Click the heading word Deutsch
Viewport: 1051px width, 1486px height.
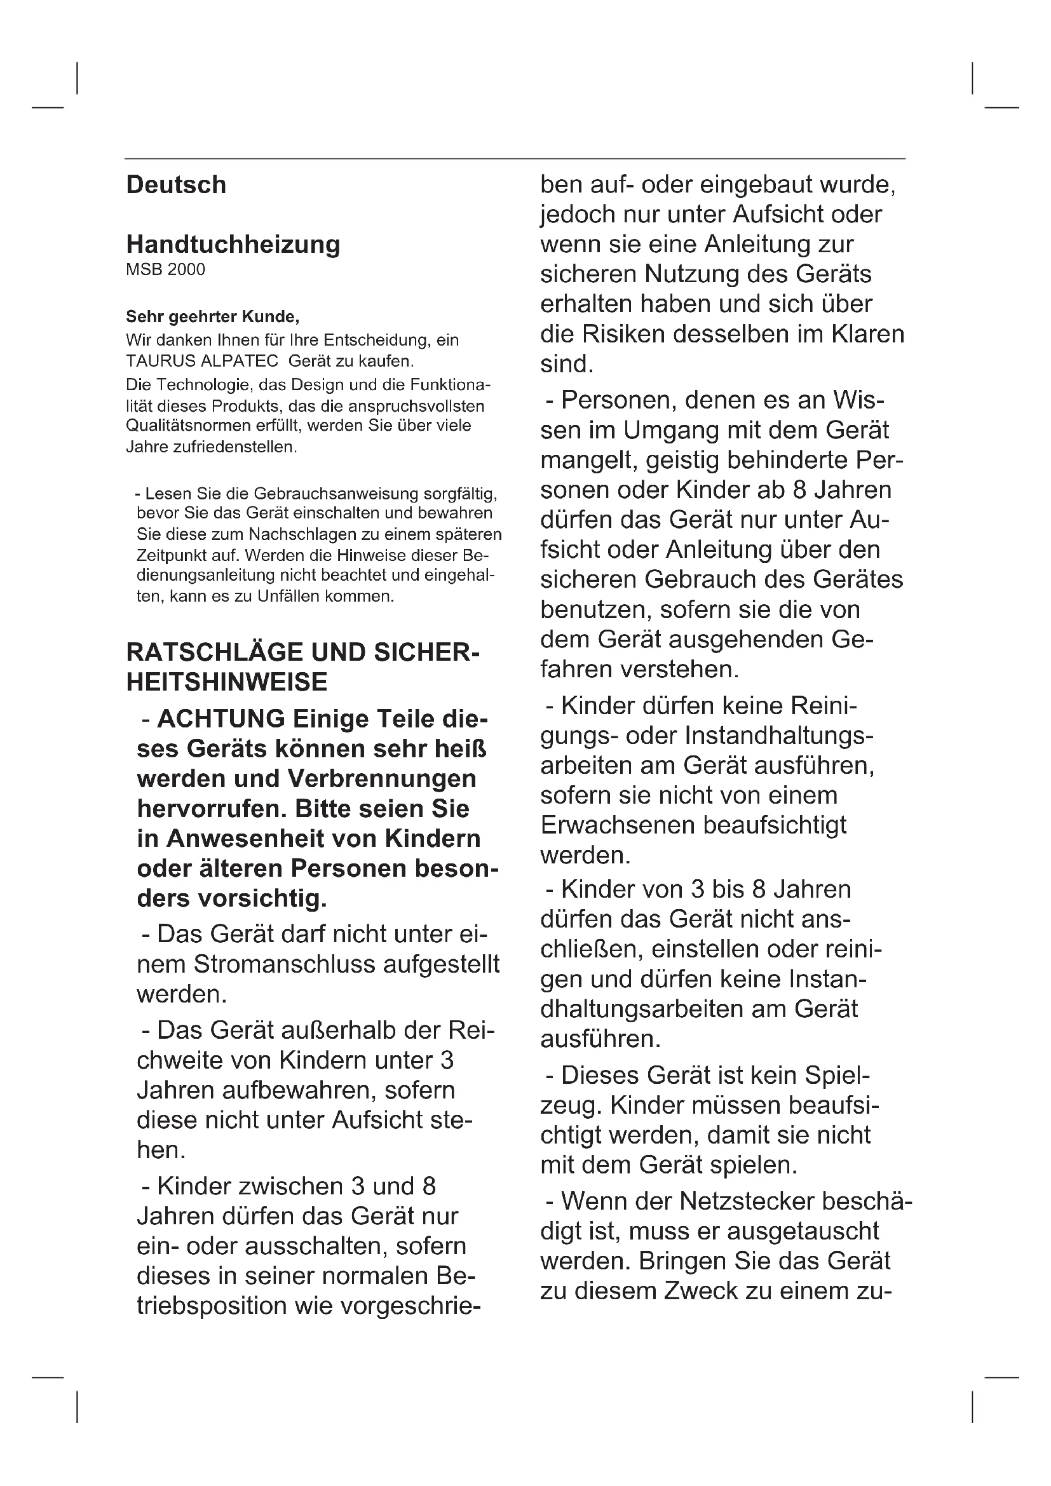pyautogui.click(x=176, y=185)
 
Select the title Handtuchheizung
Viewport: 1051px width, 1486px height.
pyautogui.click(x=233, y=245)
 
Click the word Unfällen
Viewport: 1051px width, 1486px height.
pyautogui.click(x=288, y=596)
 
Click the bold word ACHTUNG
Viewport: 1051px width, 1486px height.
pyautogui.click(x=220, y=719)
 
